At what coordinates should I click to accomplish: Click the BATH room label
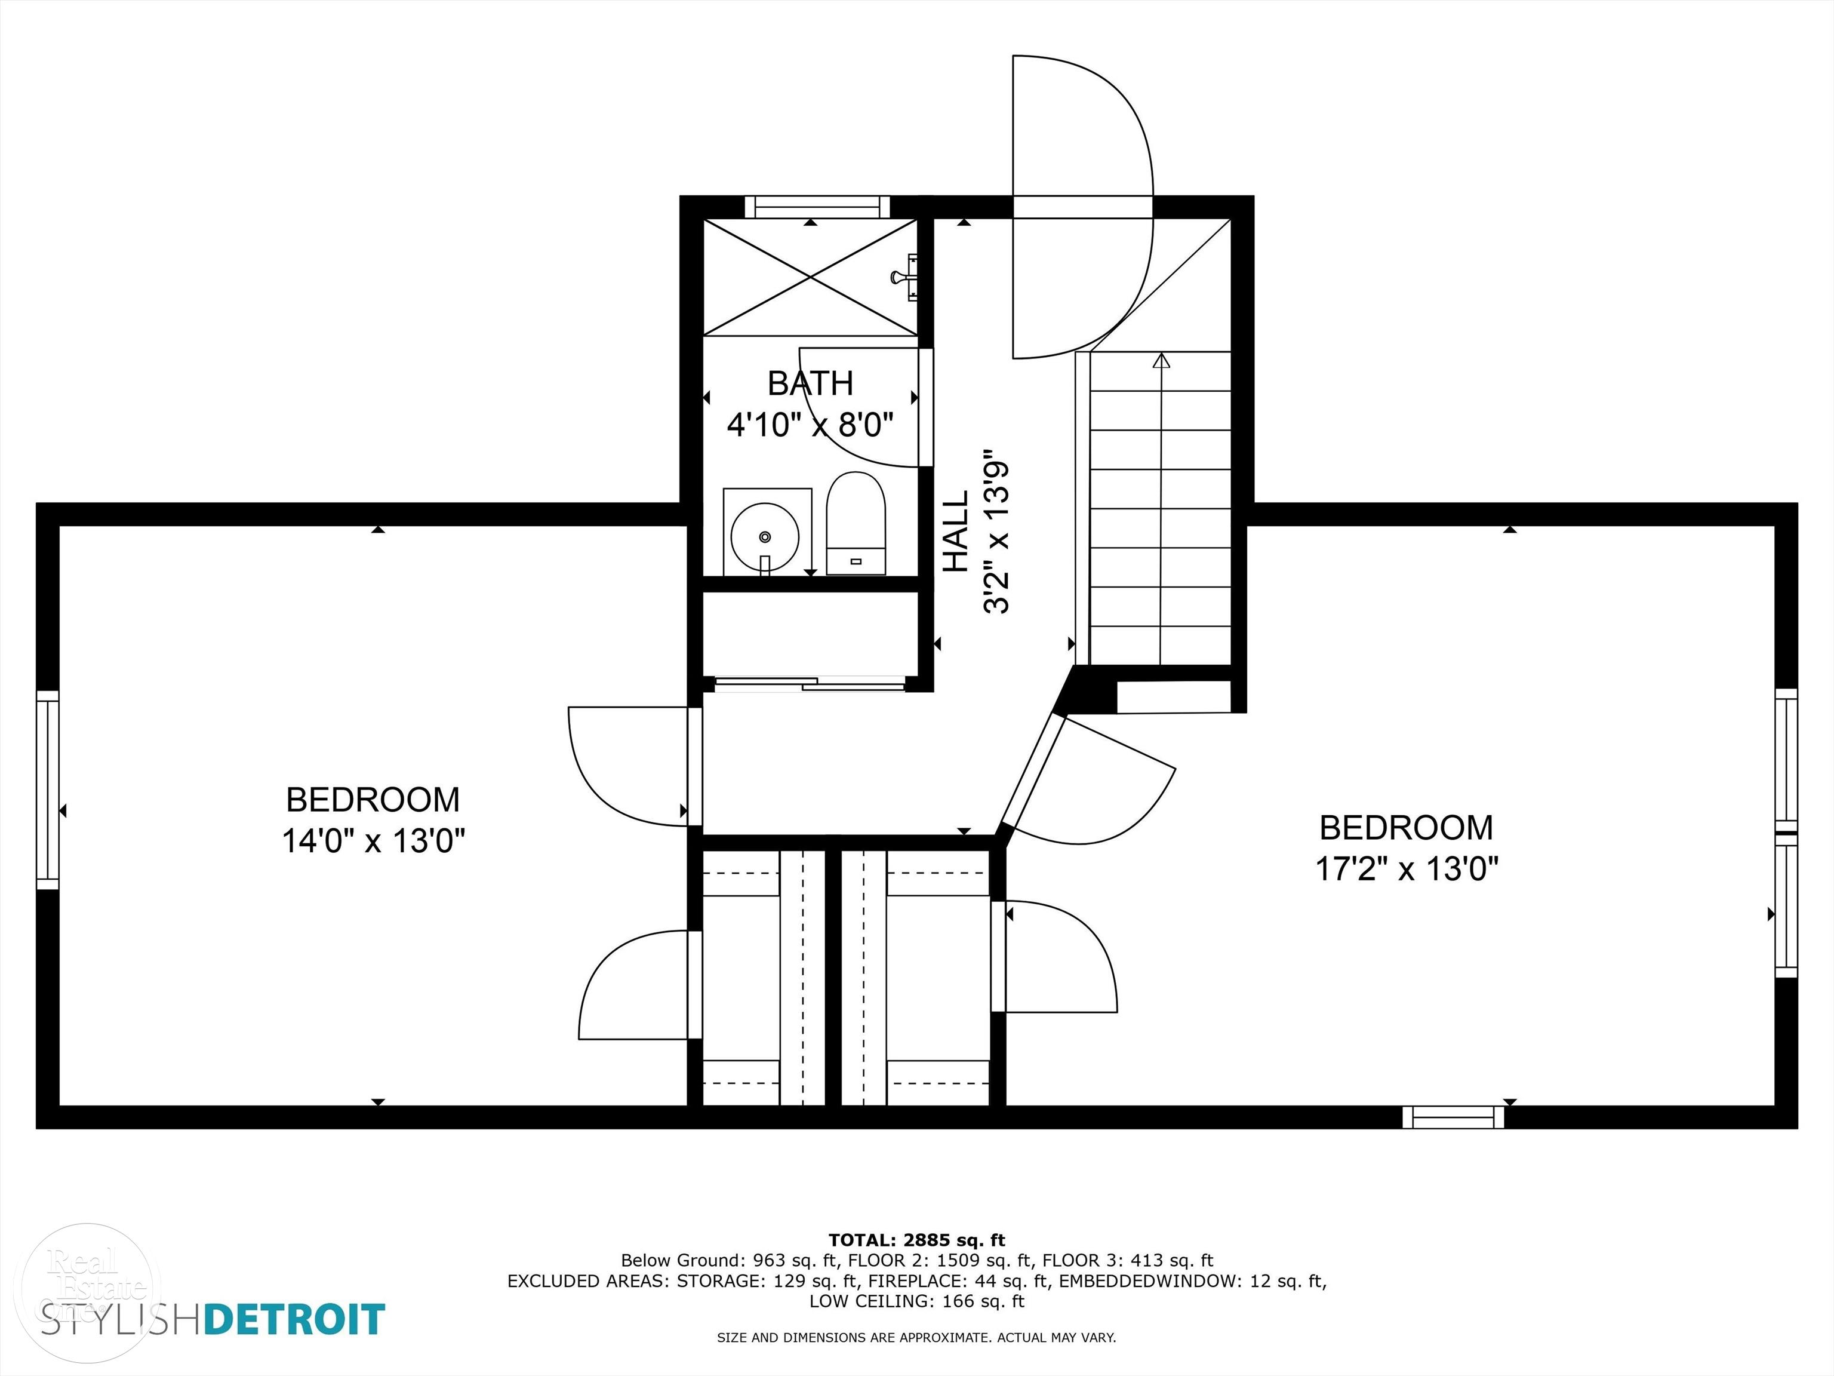pyautogui.click(x=810, y=383)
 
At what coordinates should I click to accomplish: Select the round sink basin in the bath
pyautogui.click(x=764, y=537)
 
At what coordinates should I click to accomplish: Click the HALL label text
pyautogui.click(x=957, y=531)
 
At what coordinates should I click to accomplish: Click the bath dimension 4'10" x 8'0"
pyautogui.click(x=810, y=425)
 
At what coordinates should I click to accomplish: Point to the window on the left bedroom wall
pyautogui.click(x=48, y=790)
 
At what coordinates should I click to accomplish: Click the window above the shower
pyautogui.click(x=817, y=207)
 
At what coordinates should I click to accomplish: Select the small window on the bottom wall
pyautogui.click(x=1453, y=1117)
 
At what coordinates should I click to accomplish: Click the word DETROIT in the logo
pyautogui.click(x=294, y=1319)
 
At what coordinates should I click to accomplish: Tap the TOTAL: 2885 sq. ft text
pyautogui.click(x=916, y=1240)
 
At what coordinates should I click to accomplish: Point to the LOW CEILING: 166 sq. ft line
pyautogui.click(x=916, y=1301)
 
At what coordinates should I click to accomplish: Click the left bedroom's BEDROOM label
pyautogui.click(x=373, y=800)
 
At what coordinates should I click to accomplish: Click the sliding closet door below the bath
pyautogui.click(x=810, y=684)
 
